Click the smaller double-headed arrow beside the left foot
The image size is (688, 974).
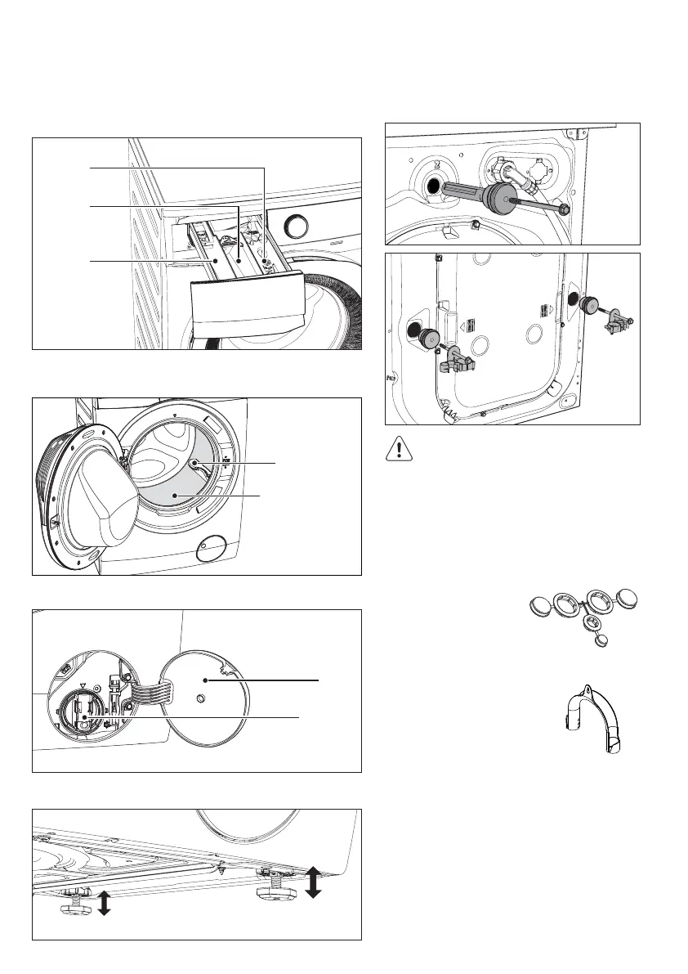coord(104,904)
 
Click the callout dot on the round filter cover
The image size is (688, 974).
coord(205,680)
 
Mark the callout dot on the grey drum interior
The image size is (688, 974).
coord(176,496)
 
